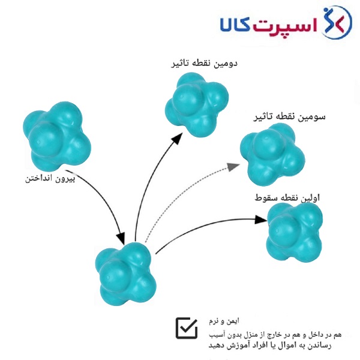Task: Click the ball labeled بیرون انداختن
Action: [57, 136]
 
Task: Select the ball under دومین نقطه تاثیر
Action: [197, 105]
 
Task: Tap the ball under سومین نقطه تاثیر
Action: [272, 155]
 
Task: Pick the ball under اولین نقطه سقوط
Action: [295, 232]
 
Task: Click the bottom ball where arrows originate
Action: [125, 274]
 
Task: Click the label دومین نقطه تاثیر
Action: [204, 64]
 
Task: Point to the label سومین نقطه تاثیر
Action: [289, 117]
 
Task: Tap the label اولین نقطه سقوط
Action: [287, 197]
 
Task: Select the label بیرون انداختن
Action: [50, 179]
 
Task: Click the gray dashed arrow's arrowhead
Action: [233, 166]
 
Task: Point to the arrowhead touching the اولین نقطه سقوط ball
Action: [261, 220]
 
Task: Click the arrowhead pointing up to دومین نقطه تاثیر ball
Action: [177, 139]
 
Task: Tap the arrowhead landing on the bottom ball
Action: [121, 239]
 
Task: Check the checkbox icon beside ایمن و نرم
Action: [187, 328]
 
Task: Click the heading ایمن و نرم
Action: [224, 321]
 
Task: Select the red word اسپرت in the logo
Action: [284, 26]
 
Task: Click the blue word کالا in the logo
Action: [236, 24]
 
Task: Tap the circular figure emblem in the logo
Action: [337, 22]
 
